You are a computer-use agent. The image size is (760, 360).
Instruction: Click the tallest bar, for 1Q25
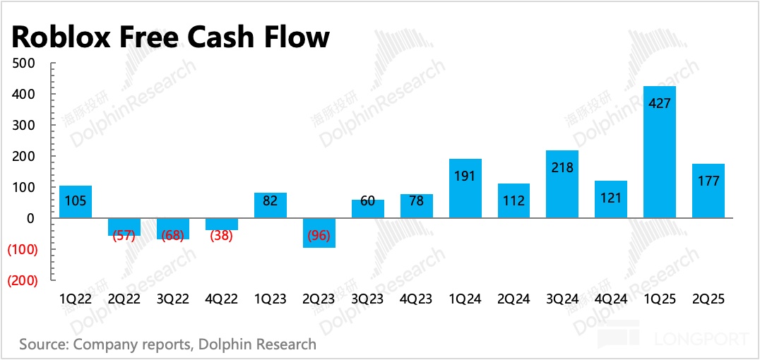[x=660, y=152]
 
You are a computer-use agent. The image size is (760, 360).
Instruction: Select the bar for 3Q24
[x=562, y=184]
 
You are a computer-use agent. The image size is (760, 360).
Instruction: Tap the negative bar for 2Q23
[x=319, y=233]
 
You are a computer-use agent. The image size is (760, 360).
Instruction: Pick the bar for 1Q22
[x=76, y=202]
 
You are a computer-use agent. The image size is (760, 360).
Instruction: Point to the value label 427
[x=660, y=103]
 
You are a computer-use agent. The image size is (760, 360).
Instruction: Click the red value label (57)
[x=124, y=235]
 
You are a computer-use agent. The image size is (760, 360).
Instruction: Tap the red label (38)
[x=222, y=235]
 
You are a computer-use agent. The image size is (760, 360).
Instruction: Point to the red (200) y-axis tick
[x=24, y=280]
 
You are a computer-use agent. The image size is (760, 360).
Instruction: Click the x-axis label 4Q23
[x=416, y=299]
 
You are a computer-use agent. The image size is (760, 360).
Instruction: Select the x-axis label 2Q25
[x=708, y=299]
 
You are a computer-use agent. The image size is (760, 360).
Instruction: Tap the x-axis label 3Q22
[x=173, y=299]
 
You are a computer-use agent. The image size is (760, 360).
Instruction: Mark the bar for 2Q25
[x=708, y=191]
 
